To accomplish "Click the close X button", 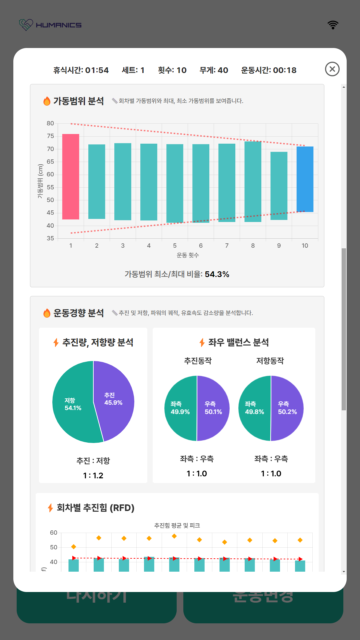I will point(332,69).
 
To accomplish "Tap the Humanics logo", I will point(50,25).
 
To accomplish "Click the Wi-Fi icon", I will point(333,25).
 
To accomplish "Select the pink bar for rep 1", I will point(71,177).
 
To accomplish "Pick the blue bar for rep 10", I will point(305,179).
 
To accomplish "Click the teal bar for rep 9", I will point(279,186).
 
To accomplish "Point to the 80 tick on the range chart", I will point(50,123).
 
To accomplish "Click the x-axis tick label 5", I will point(175,246).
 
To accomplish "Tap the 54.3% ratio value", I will point(217,274).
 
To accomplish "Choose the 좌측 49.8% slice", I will point(254,408).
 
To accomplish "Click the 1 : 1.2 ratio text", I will point(93,475).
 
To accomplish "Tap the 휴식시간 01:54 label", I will point(81,70).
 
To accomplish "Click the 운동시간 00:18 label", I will point(269,70).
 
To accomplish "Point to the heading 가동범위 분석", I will point(79,101).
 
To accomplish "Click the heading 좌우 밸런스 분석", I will point(238,342).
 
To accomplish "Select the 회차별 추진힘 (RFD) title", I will point(95,508).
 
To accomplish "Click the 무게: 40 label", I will point(214,70).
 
